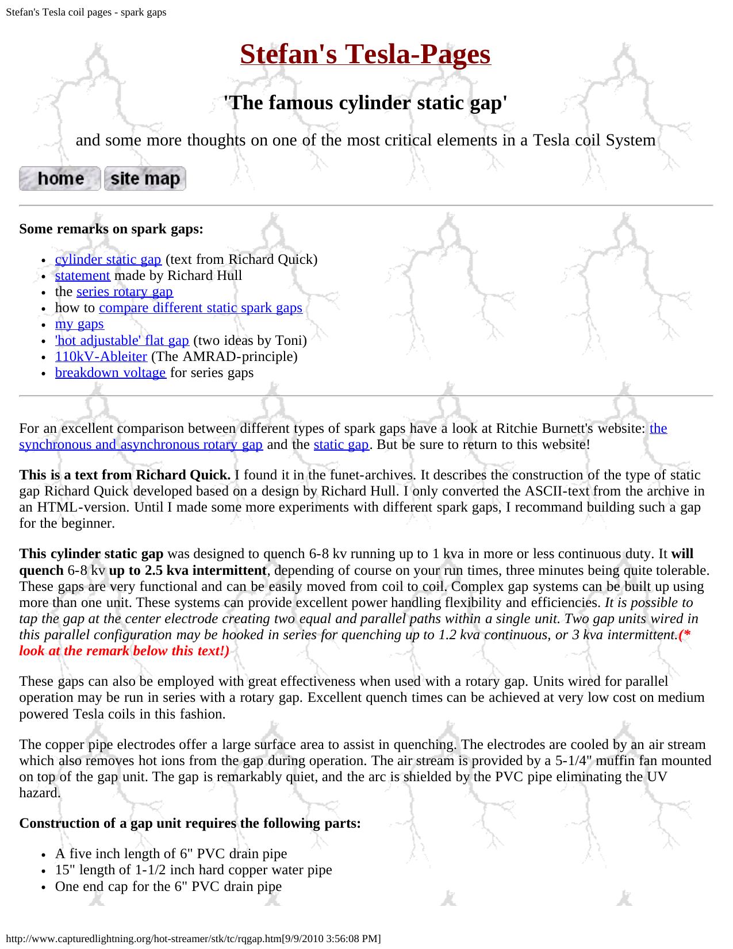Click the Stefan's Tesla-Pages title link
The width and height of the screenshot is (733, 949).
(365, 55)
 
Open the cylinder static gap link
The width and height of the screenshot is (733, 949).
(108, 259)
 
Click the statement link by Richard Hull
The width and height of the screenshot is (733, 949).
(82, 275)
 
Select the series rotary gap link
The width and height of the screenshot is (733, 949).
(124, 291)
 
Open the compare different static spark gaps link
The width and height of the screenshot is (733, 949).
(200, 308)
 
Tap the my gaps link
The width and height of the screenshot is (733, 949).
(79, 324)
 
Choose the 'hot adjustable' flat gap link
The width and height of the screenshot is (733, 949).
(122, 340)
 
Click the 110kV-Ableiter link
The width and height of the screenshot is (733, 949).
(101, 356)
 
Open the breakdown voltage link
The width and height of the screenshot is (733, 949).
(110, 372)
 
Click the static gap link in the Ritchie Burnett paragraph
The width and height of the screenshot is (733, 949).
(341, 444)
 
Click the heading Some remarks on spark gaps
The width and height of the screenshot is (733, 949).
(111, 229)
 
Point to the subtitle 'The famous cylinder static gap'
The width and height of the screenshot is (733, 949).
(365, 103)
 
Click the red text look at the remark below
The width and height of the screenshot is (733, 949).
(124, 651)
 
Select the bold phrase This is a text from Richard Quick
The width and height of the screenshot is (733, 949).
(125, 475)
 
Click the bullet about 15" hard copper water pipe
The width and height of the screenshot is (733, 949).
(193, 870)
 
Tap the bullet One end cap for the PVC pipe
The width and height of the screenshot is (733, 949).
(168, 886)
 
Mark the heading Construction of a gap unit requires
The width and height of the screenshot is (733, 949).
(190, 823)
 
